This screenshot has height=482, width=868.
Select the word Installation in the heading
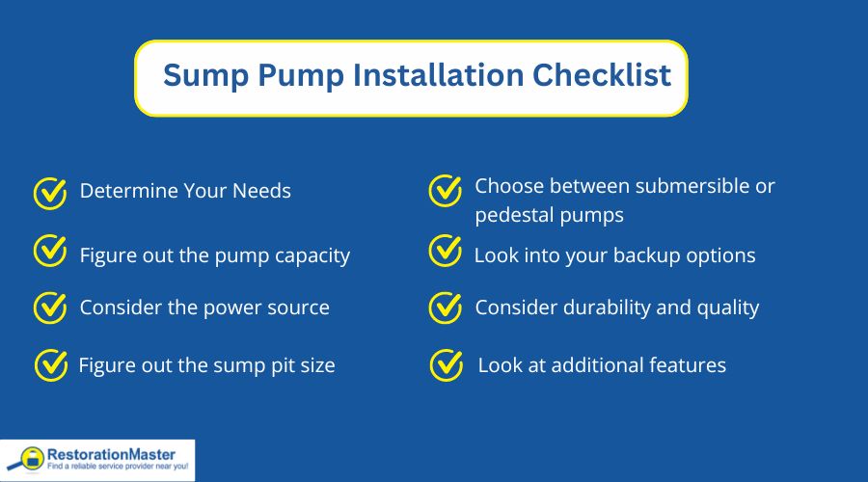(x=421, y=76)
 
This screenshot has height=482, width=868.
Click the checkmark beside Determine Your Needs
(x=49, y=193)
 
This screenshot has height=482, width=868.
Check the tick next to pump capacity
(x=49, y=253)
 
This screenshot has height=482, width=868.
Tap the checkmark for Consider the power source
(x=49, y=308)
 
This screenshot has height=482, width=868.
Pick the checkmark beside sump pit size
(x=50, y=365)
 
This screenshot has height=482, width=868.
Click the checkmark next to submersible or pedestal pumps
(x=445, y=191)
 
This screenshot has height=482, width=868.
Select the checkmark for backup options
(x=445, y=252)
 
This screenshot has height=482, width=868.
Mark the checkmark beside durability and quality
(x=445, y=308)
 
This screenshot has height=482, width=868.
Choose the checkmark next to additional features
(x=446, y=365)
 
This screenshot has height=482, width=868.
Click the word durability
(x=602, y=308)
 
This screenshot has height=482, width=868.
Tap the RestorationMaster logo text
(x=117, y=453)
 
